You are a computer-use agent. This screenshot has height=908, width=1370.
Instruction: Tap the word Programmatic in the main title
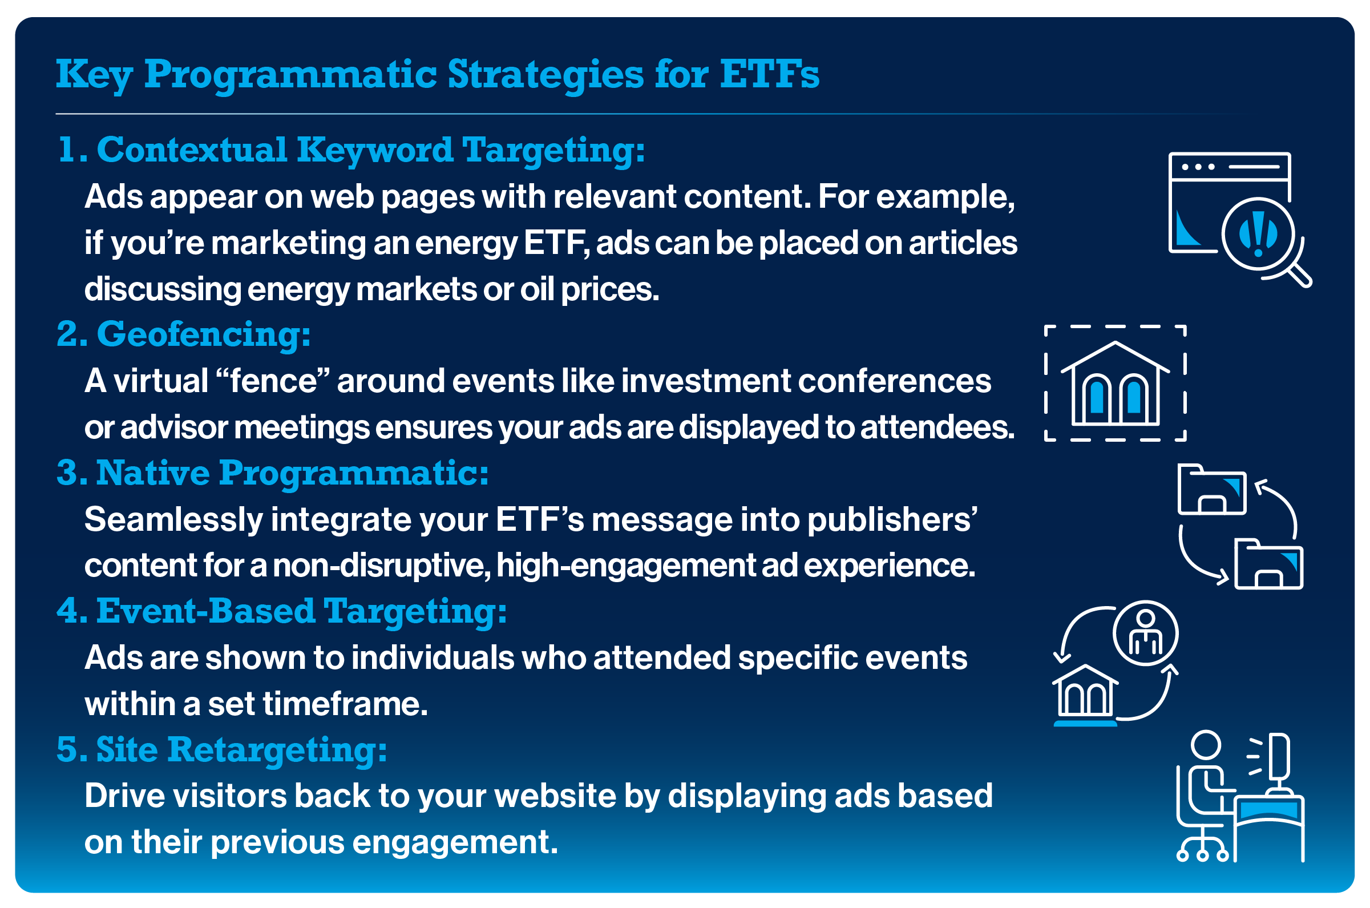click(290, 75)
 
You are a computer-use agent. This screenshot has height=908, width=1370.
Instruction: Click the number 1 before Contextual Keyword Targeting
click(68, 151)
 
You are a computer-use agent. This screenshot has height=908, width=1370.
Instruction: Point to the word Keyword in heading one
click(374, 151)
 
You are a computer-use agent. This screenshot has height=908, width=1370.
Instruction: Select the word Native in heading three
click(152, 473)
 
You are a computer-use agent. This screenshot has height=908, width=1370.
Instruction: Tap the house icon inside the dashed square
click(1115, 385)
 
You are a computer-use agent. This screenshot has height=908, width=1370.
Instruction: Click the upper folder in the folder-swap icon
click(1211, 490)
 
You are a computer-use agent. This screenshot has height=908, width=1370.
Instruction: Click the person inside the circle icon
click(1145, 633)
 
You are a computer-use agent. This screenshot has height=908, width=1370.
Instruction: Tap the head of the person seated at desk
click(1206, 745)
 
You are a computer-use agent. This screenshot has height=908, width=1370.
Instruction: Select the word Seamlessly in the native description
click(173, 519)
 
